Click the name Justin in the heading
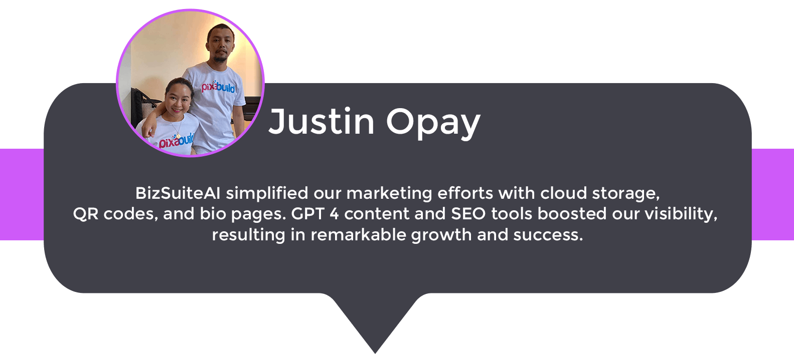[x=321, y=121]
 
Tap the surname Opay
[x=433, y=123]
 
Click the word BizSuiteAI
[x=178, y=193]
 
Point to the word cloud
[x=564, y=193]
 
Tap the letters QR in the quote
[x=86, y=214]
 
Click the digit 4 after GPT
[x=334, y=214]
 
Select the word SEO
[x=468, y=214]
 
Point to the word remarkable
[x=358, y=235]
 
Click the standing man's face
[x=221, y=44]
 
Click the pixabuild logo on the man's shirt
[x=218, y=87]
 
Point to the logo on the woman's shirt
[x=177, y=141]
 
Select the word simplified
[x=267, y=194]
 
